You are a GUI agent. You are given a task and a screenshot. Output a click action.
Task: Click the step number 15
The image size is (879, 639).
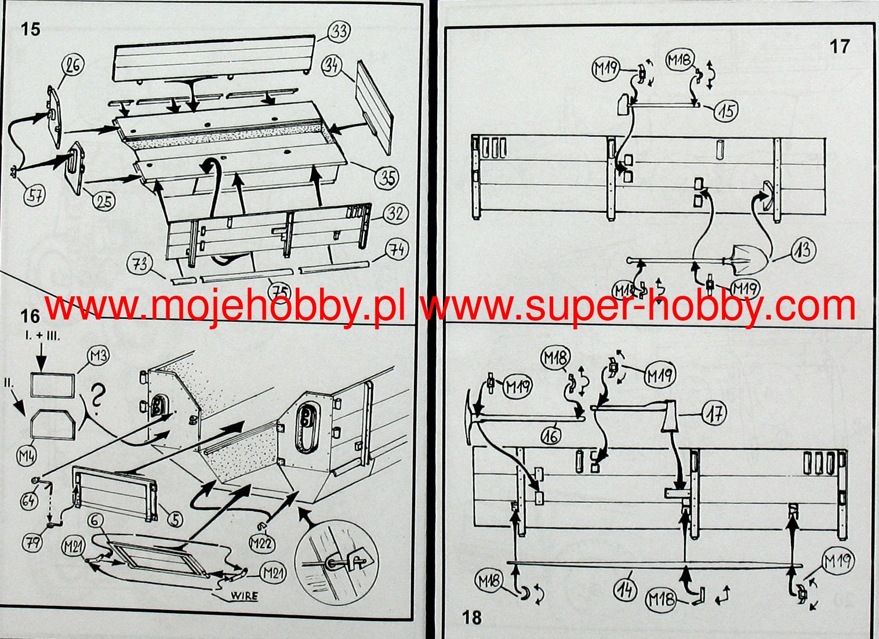tap(30, 28)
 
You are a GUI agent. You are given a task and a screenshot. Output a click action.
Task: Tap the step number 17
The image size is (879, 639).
tap(840, 46)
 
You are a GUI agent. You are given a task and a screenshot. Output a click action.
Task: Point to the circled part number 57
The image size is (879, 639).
tap(34, 195)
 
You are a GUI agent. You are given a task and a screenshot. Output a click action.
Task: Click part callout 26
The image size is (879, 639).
tap(73, 64)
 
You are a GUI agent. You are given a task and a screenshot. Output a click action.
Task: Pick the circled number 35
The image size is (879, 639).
tap(387, 177)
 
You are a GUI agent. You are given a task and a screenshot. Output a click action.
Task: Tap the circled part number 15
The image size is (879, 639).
tap(727, 110)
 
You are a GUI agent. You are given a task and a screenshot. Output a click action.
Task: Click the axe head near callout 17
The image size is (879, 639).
tap(670, 416)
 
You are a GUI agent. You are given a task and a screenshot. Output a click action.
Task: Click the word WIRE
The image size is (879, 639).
tap(244, 596)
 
